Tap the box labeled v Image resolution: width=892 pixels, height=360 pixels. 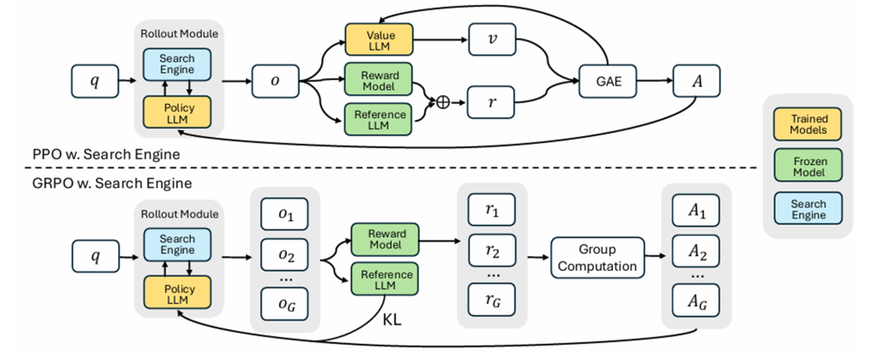click(492, 39)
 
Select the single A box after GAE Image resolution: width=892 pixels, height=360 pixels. click(695, 83)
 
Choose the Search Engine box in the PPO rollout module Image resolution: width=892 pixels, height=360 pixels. click(178, 63)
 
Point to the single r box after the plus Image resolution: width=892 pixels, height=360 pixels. click(492, 107)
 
